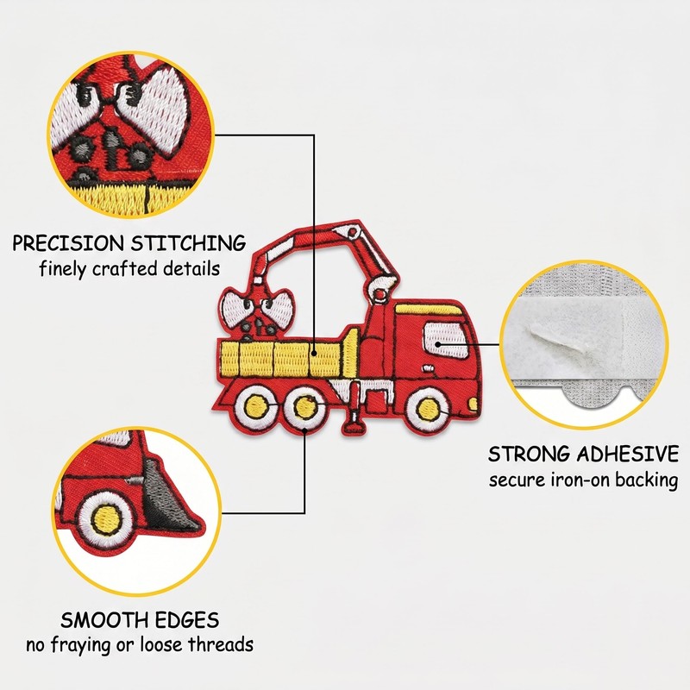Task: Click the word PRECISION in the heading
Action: tap(68, 243)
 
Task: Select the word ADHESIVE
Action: tap(628, 454)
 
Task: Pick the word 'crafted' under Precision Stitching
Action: tap(125, 268)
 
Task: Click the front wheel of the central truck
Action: tap(428, 408)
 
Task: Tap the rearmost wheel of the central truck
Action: tap(256, 406)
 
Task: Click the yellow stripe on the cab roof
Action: tap(429, 309)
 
